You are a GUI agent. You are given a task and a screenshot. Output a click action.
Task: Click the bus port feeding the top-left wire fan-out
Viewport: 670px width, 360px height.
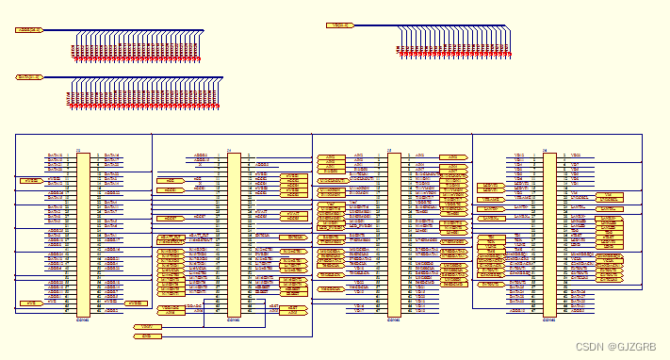(x=29, y=30)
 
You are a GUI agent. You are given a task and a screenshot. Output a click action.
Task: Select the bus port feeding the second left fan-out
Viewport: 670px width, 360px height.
(x=29, y=77)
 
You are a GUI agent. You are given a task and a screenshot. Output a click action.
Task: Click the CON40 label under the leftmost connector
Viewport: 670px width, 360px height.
(x=83, y=319)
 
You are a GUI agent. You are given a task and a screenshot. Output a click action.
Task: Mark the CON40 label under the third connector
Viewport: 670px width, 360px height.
(x=394, y=319)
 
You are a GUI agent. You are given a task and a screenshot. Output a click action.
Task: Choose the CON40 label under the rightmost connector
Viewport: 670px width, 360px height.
(x=549, y=319)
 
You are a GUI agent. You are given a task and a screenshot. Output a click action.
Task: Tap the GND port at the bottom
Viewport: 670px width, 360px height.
(x=147, y=335)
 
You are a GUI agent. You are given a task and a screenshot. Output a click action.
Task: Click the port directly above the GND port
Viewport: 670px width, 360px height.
(x=147, y=326)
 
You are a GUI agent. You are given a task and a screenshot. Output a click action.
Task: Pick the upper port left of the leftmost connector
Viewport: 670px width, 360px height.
(x=31, y=178)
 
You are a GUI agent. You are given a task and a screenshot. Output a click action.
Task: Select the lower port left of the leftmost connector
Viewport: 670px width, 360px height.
(x=31, y=303)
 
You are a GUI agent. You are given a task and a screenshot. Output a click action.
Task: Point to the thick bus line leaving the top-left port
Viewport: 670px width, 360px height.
(x=113, y=30)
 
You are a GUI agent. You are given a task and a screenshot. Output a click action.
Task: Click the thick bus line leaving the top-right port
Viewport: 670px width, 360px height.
(x=424, y=25)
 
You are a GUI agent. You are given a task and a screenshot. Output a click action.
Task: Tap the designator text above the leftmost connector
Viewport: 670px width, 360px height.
(x=78, y=149)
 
